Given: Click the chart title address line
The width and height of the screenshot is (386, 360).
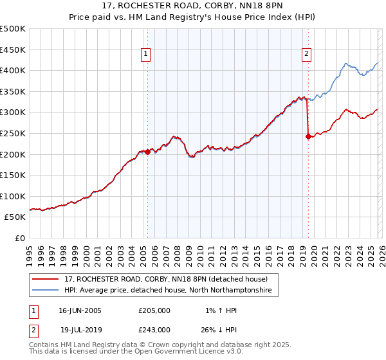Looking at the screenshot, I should [x=193, y=6].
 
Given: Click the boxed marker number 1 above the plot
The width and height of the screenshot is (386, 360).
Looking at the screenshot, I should [x=147, y=54].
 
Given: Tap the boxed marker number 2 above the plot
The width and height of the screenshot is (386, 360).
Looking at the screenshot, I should [x=306, y=54].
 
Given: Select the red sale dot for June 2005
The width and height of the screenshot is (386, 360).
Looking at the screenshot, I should [x=147, y=152].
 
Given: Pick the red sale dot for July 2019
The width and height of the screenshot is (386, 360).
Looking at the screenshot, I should [x=308, y=136].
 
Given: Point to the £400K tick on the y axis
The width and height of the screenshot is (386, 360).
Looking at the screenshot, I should [x=14, y=71].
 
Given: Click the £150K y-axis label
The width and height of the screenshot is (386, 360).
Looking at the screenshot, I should [x=14, y=175].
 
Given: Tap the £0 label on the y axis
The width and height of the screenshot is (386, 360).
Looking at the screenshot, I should [x=19, y=238].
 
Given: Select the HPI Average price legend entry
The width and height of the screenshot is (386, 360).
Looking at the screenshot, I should [x=168, y=291].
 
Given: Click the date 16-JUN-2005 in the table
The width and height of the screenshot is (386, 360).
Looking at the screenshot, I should [x=80, y=310].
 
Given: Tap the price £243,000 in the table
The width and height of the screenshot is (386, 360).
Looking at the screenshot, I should [x=154, y=329].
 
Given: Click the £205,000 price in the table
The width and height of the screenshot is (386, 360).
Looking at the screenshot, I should [x=154, y=310].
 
